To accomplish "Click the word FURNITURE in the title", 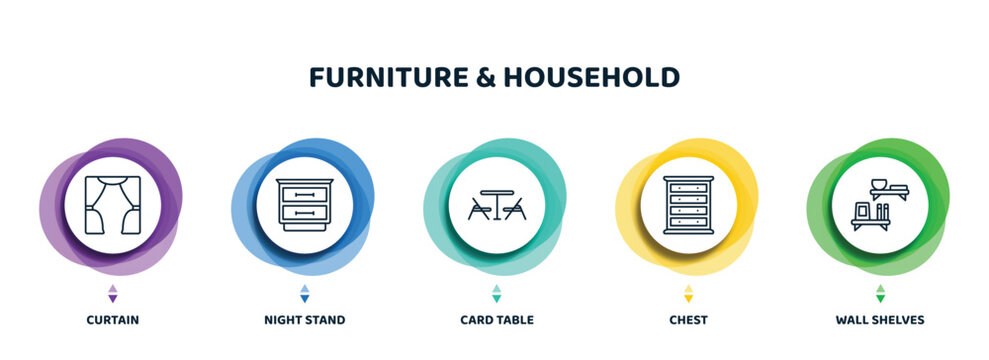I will [x=386, y=78].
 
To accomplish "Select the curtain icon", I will [x=112, y=205].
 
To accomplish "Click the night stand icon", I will [x=304, y=205].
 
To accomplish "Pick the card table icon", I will [x=496, y=205].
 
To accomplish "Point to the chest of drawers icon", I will [x=688, y=205].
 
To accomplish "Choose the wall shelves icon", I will [x=880, y=205].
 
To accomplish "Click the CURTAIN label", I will [x=112, y=320].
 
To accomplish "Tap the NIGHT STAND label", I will [x=304, y=320].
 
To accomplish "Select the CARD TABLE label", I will [x=496, y=320].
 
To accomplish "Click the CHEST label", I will [x=688, y=320].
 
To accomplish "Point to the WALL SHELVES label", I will [x=880, y=320].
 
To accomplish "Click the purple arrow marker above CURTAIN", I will [x=112, y=293].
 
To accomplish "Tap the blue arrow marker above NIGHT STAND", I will [x=304, y=293].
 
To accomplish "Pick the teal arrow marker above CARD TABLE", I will [x=496, y=293].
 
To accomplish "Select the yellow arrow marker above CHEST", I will [x=688, y=293].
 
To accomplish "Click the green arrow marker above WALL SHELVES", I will [x=880, y=293].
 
